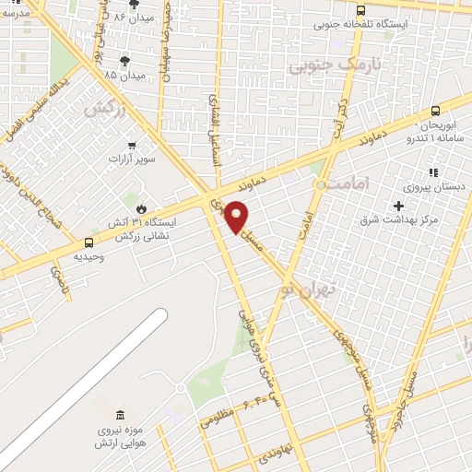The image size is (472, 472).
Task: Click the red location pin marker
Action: click(237, 216)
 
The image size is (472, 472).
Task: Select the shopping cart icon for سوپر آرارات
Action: click(132, 144)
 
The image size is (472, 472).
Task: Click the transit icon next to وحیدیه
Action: click(89, 243)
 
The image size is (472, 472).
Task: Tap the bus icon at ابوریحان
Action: click(435, 111)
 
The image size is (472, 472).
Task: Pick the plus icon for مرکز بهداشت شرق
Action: click(398, 205)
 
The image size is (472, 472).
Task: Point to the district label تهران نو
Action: click(313, 290)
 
